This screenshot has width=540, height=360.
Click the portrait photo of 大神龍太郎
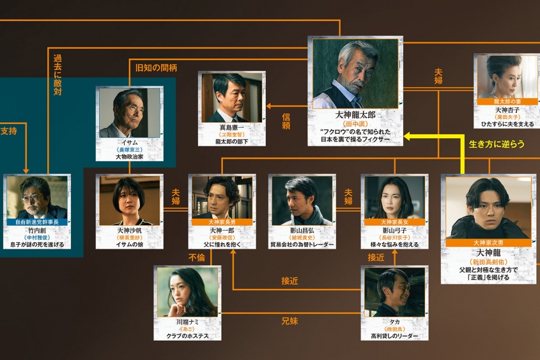pos(355,74)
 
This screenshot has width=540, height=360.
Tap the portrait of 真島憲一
pos(231,97)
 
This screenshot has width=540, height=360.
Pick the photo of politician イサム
pos(130,113)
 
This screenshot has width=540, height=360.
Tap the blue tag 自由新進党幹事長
pos(36,222)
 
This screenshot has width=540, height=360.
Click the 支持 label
pos(9,130)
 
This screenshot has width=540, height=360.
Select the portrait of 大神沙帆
pos(130,200)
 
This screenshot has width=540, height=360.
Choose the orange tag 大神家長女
pos(394,222)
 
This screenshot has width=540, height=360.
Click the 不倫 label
pos(196,258)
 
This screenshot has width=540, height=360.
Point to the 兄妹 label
pos(289,321)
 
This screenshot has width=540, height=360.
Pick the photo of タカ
pos(394,291)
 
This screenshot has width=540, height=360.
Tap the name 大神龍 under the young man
pos(488,253)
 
